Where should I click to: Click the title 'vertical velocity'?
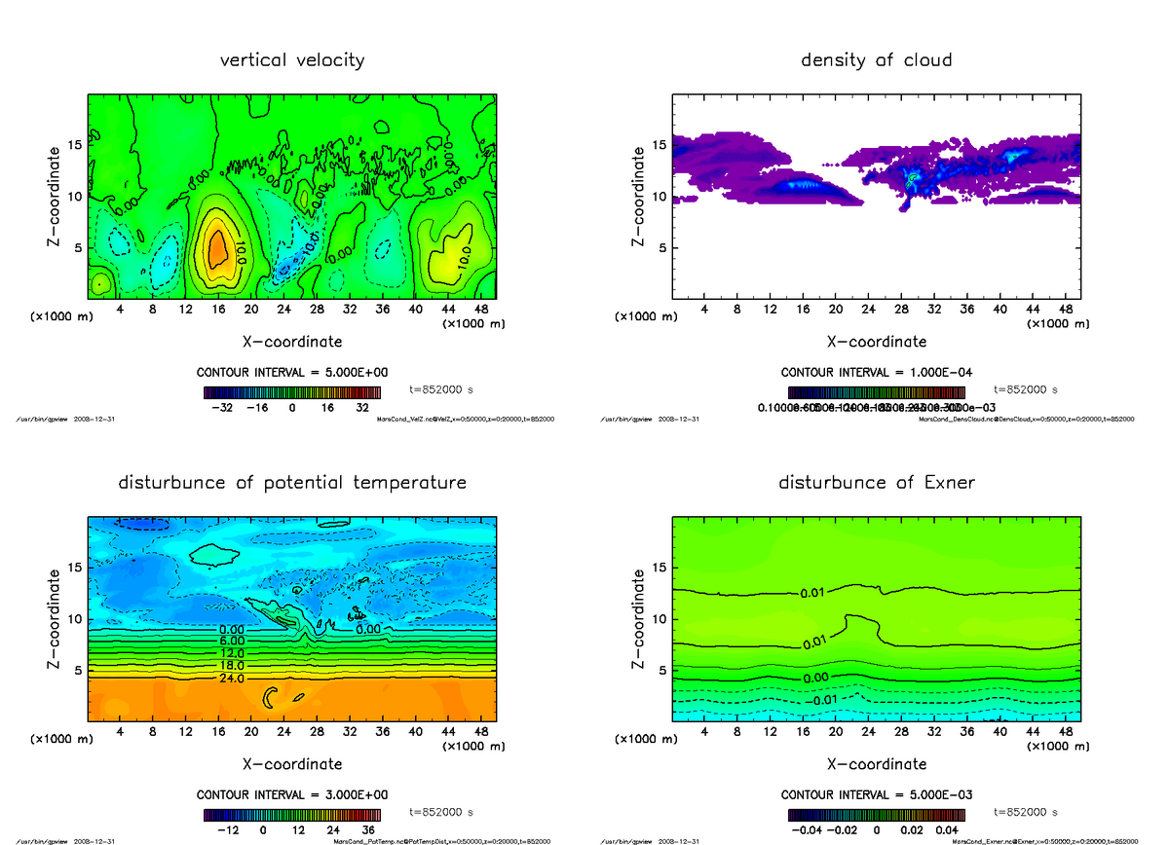[292, 60]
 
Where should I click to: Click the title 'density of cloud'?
[876, 60]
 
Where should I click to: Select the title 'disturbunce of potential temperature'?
[292, 483]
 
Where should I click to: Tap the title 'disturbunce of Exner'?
[877, 483]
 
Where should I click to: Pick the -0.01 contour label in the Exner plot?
[822, 700]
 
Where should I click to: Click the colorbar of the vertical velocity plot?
[291, 392]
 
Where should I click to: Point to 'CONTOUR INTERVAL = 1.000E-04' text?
[876, 373]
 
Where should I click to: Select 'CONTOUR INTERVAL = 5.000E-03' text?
[876, 794]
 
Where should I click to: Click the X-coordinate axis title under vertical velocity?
[291, 342]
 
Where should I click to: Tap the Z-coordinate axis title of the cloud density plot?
[639, 196]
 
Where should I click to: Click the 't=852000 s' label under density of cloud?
[1027, 389]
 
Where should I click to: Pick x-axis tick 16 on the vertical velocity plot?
[218, 309]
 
